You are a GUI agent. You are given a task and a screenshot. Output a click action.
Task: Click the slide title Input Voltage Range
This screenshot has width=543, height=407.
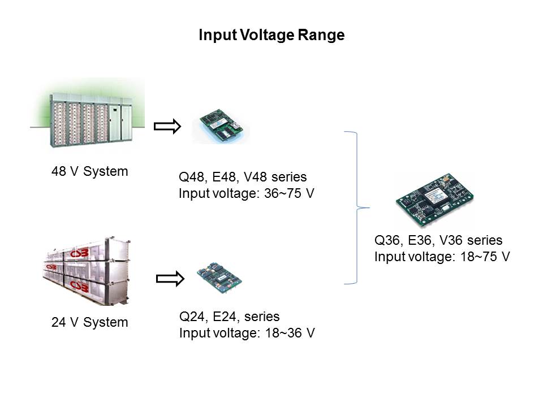tap(271, 36)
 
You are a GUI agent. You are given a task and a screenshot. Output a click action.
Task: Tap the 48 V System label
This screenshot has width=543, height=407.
tap(90, 171)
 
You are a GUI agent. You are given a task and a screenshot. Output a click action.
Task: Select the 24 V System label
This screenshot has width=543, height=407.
tap(90, 323)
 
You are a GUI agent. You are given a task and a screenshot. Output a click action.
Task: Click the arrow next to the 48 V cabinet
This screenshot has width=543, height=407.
tap(168, 127)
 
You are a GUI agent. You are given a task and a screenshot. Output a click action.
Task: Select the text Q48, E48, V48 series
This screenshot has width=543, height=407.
tap(243, 177)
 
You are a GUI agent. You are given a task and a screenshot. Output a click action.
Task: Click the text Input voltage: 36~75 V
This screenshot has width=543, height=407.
tap(247, 194)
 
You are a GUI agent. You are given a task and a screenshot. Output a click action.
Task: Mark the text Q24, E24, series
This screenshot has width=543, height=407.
tap(229, 316)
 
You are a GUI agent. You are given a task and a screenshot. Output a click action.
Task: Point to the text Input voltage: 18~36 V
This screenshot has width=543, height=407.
tap(247, 333)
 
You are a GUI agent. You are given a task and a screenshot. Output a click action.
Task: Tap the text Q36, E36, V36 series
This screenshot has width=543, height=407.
tap(438, 240)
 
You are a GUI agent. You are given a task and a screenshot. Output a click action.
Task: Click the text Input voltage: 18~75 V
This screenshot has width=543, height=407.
tap(442, 257)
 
